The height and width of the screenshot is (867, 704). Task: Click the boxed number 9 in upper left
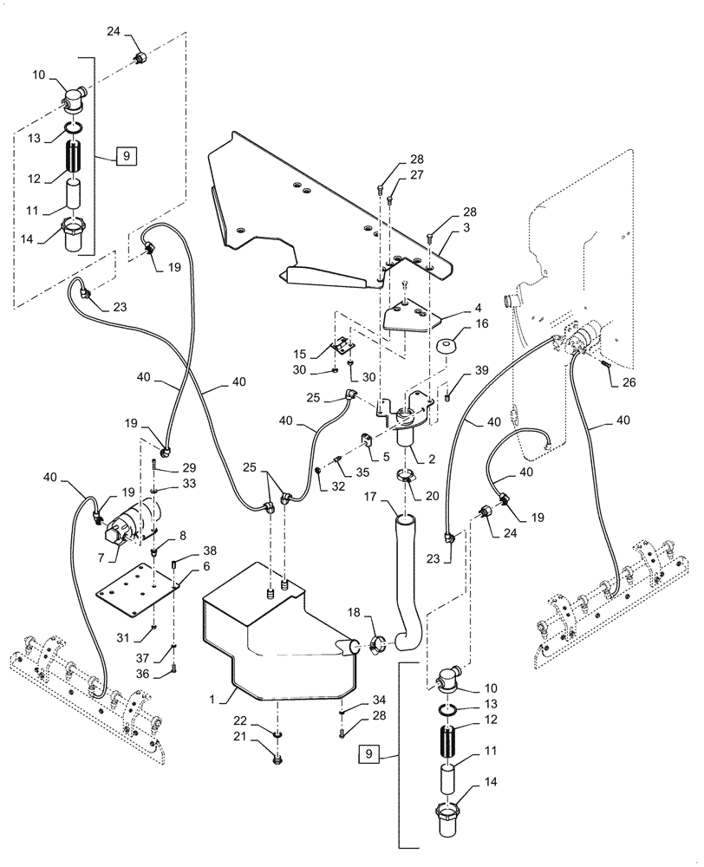125,156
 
